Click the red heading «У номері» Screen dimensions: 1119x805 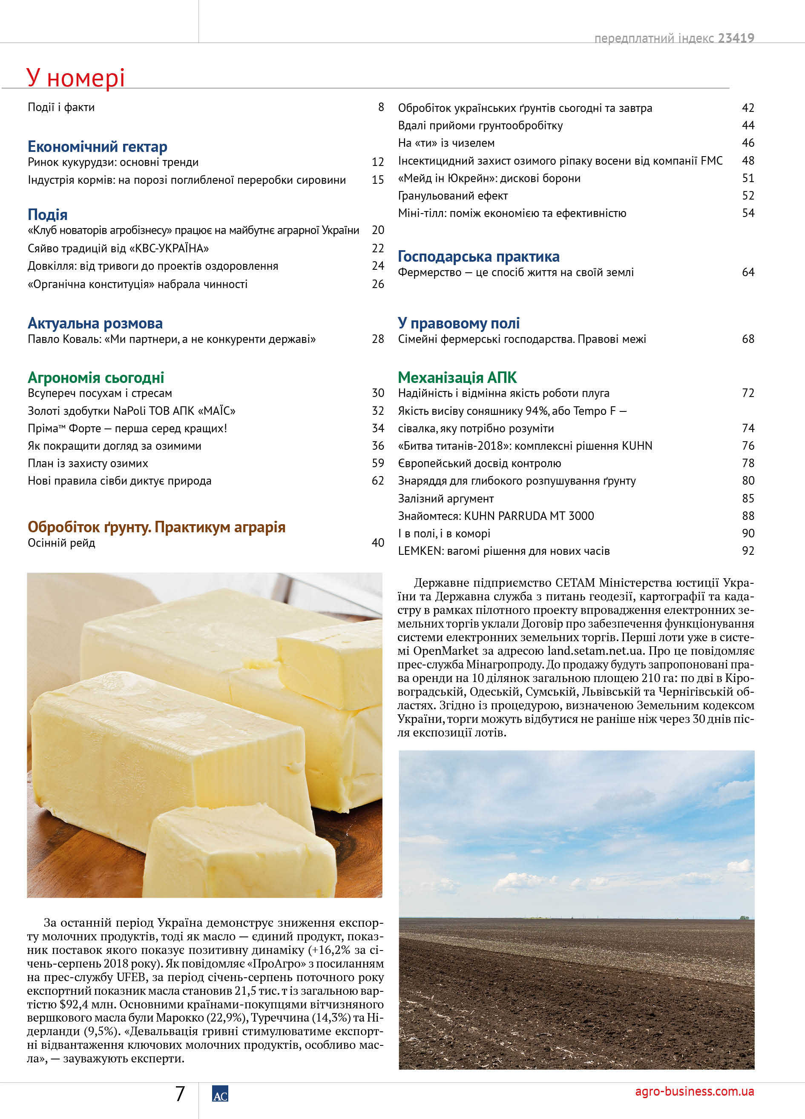pos(75,78)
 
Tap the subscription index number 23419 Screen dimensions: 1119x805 pos(736,38)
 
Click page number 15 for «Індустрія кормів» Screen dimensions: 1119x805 pos(378,180)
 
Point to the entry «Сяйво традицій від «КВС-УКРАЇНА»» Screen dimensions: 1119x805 pos(118,248)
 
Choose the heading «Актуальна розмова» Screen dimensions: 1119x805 pos(95,323)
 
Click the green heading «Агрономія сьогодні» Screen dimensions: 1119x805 pos(96,377)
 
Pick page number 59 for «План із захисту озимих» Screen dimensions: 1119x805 pos(378,463)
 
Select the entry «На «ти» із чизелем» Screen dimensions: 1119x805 pos(446,143)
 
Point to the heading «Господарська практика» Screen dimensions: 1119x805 pos(479,257)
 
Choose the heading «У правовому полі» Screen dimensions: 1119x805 pos(459,323)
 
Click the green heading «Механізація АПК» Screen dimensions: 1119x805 pos(457,377)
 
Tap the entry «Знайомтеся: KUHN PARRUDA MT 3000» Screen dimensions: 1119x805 pos(496,516)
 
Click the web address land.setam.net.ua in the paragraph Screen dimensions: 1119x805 pos(595,651)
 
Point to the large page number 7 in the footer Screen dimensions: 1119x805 pos(180,1094)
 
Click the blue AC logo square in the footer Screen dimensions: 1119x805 pos(220,1094)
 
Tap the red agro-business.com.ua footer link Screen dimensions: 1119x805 pos(694,1091)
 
